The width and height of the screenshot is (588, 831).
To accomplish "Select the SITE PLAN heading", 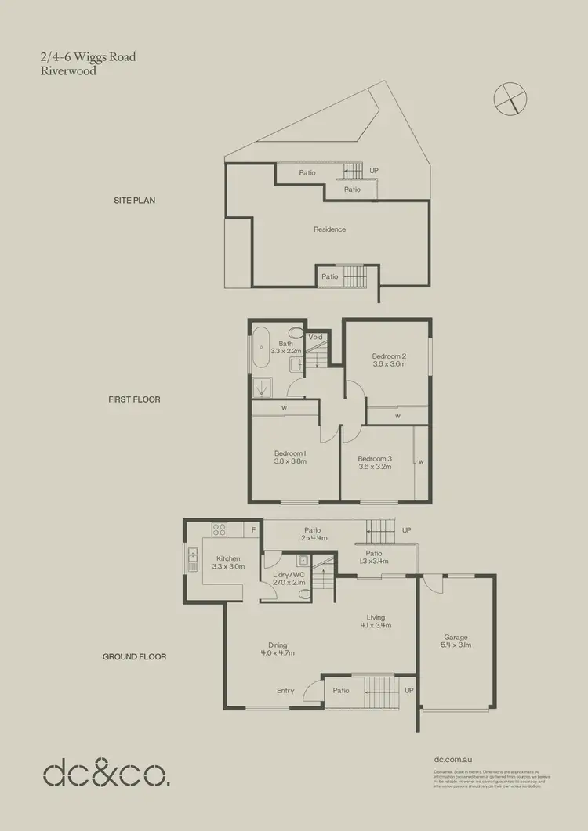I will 134,201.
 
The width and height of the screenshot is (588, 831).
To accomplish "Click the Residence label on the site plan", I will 329,229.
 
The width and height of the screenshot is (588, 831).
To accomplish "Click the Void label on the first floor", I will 315,337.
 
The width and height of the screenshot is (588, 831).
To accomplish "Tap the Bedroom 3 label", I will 374,458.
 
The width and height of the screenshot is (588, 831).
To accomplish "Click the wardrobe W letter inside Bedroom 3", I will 421,462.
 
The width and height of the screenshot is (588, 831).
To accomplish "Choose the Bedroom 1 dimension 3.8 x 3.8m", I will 289,462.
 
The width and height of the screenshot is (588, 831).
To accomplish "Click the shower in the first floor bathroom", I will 260,386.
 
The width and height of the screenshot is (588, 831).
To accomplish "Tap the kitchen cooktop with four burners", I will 220,530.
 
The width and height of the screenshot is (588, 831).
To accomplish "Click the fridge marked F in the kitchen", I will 253,530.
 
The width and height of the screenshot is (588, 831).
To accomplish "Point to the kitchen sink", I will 193,559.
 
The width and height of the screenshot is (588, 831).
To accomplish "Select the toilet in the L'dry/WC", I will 306,593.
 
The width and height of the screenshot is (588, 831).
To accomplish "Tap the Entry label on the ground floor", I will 285,691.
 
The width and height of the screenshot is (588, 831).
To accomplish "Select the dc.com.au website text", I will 453,759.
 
